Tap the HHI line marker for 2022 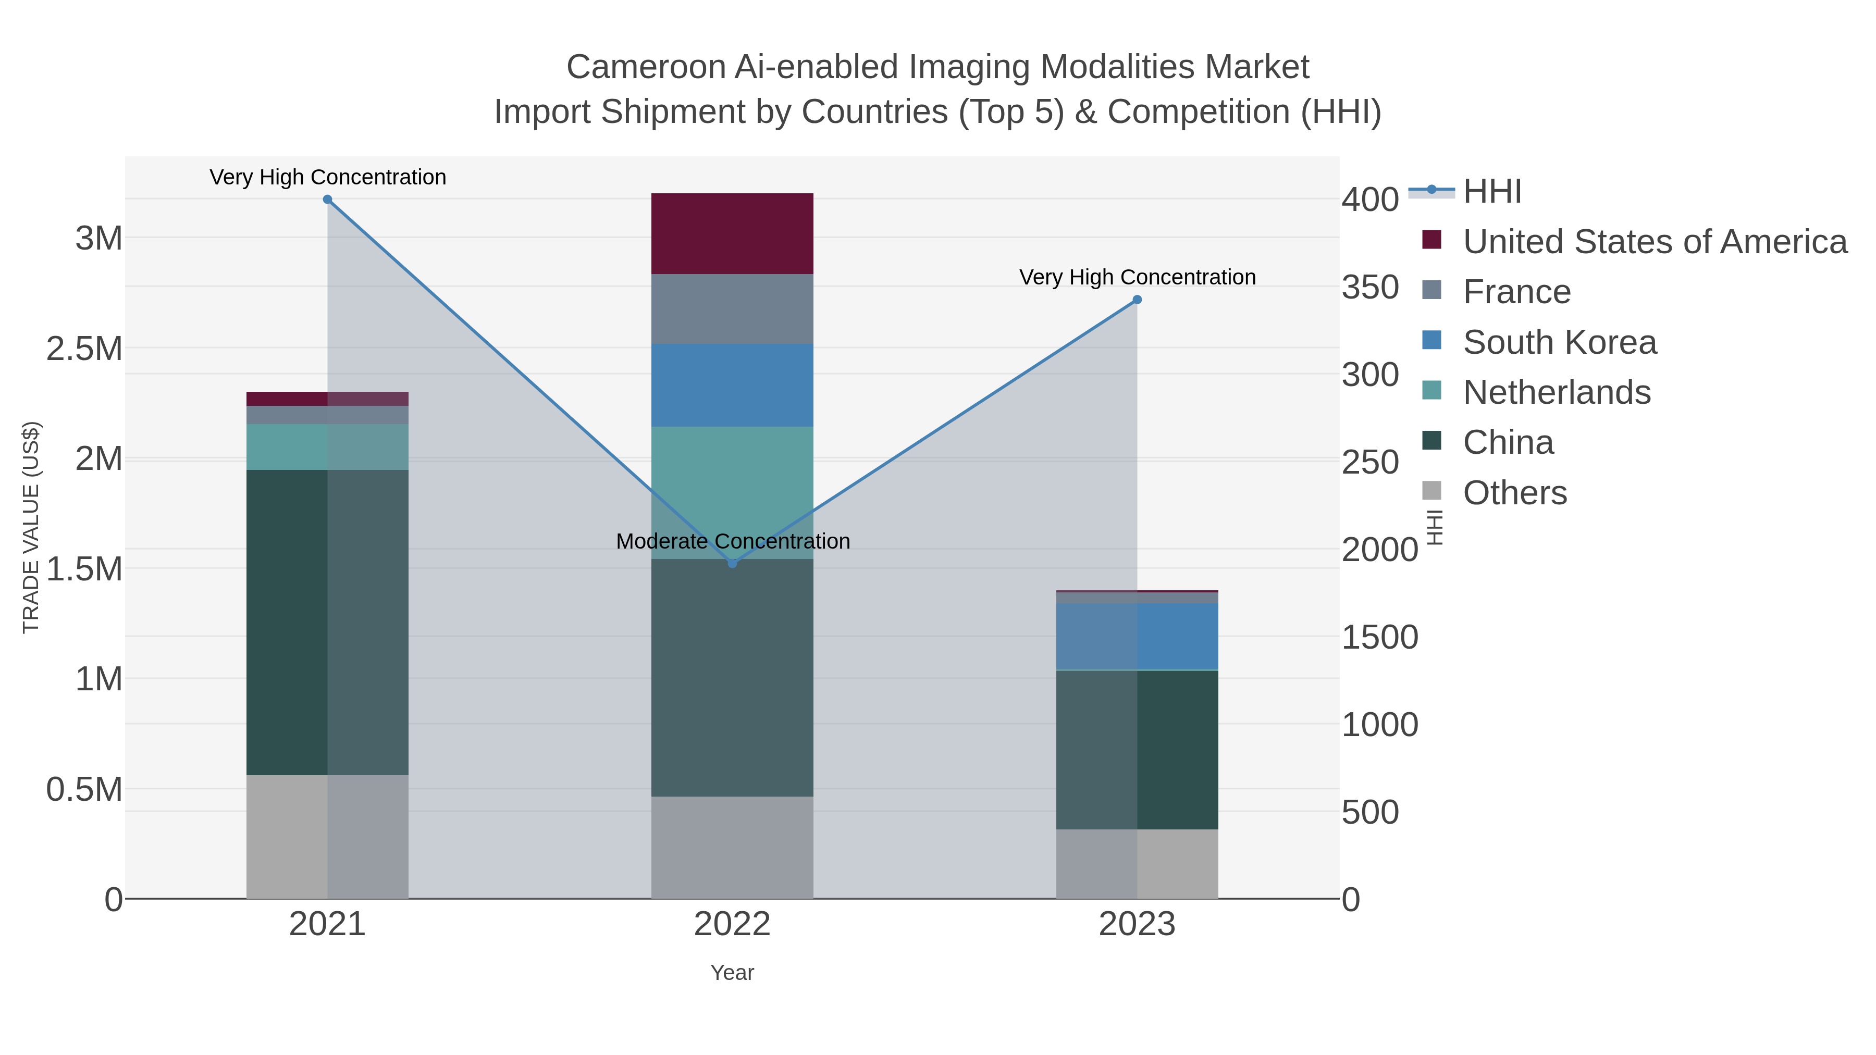(x=733, y=563)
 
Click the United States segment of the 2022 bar (x=732, y=234)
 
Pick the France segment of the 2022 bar (x=732, y=309)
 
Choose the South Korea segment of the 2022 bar (x=732, y=385)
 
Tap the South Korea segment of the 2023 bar (x=1137, y=636)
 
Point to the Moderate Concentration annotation (x=733, y=542)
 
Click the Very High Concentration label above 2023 (x=1137, y=277)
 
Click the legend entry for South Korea (x=1559, y=342)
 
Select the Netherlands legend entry (x=1556, y=392)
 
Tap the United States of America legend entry (x=1655, y=242)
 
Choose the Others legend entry (x=1515, y=493)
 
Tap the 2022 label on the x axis (x=732, y=925)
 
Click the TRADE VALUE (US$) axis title (x=31, y=527)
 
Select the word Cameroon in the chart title (x=645, y=67)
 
